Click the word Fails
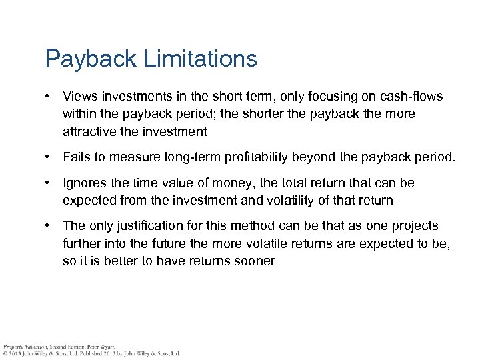77,157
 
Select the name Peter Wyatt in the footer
100,347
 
